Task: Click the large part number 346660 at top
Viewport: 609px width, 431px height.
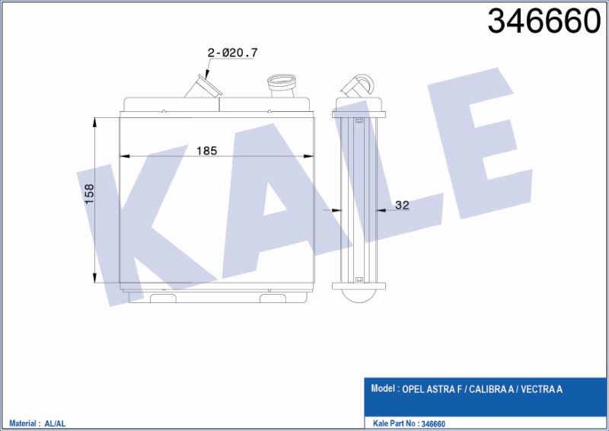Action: point(544,23)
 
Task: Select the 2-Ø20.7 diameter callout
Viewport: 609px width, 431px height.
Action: point(233,53)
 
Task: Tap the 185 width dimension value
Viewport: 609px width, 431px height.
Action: point(207,151)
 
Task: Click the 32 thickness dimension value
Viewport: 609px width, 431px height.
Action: point(402,205)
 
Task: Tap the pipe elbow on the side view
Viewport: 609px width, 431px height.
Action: point(359,84)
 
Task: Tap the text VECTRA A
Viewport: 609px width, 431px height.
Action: point(541,389)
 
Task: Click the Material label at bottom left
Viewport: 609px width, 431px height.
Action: point(23,423)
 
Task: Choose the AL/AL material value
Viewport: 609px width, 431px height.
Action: point(56,423)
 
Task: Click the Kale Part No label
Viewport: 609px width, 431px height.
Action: point(394,423)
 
